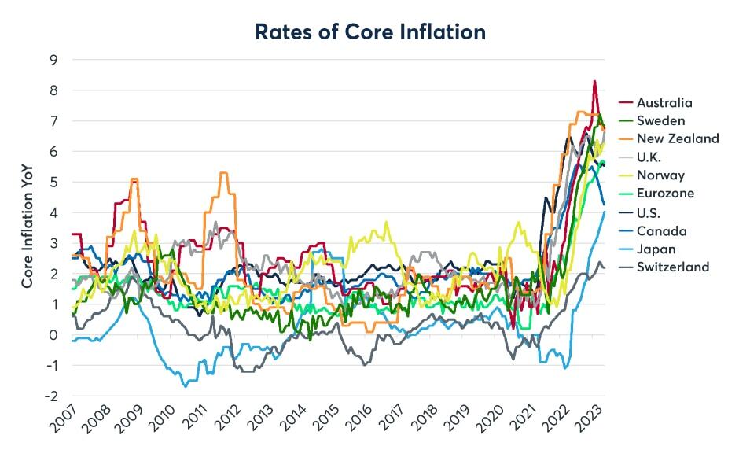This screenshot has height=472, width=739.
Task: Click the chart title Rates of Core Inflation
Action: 370,31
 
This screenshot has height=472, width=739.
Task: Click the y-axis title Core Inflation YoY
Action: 27,226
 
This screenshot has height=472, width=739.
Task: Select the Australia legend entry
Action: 655,103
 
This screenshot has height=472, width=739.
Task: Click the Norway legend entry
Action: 651,175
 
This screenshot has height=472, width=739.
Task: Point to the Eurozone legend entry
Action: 656,193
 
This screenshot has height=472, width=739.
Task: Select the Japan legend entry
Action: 646,249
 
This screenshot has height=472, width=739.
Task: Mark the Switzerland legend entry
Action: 664,267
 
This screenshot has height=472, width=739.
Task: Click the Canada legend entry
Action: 653,231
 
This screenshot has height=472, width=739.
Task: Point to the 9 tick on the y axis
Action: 53,60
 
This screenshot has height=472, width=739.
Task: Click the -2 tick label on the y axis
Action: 51,396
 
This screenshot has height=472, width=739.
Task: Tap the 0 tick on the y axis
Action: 53,335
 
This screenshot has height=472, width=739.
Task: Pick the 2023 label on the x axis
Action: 590,419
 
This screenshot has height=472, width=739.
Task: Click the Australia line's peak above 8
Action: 595,81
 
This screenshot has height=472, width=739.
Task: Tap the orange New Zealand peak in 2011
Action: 224,173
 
